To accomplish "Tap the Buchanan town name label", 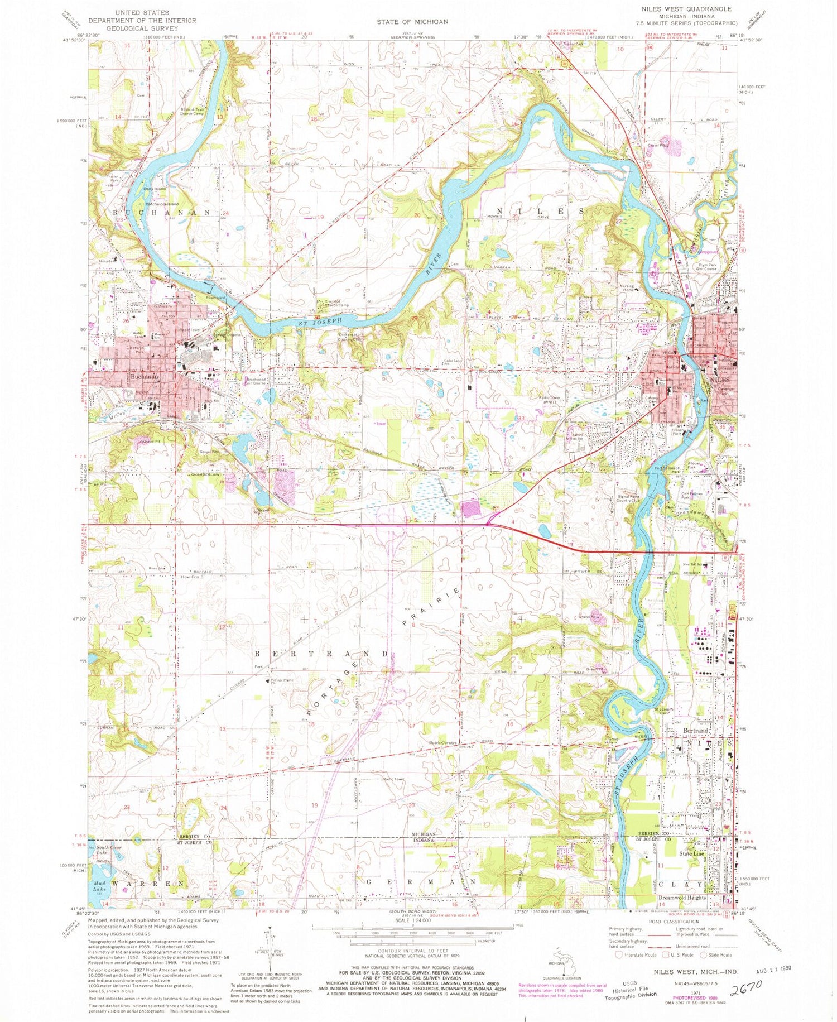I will coord(142,377).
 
